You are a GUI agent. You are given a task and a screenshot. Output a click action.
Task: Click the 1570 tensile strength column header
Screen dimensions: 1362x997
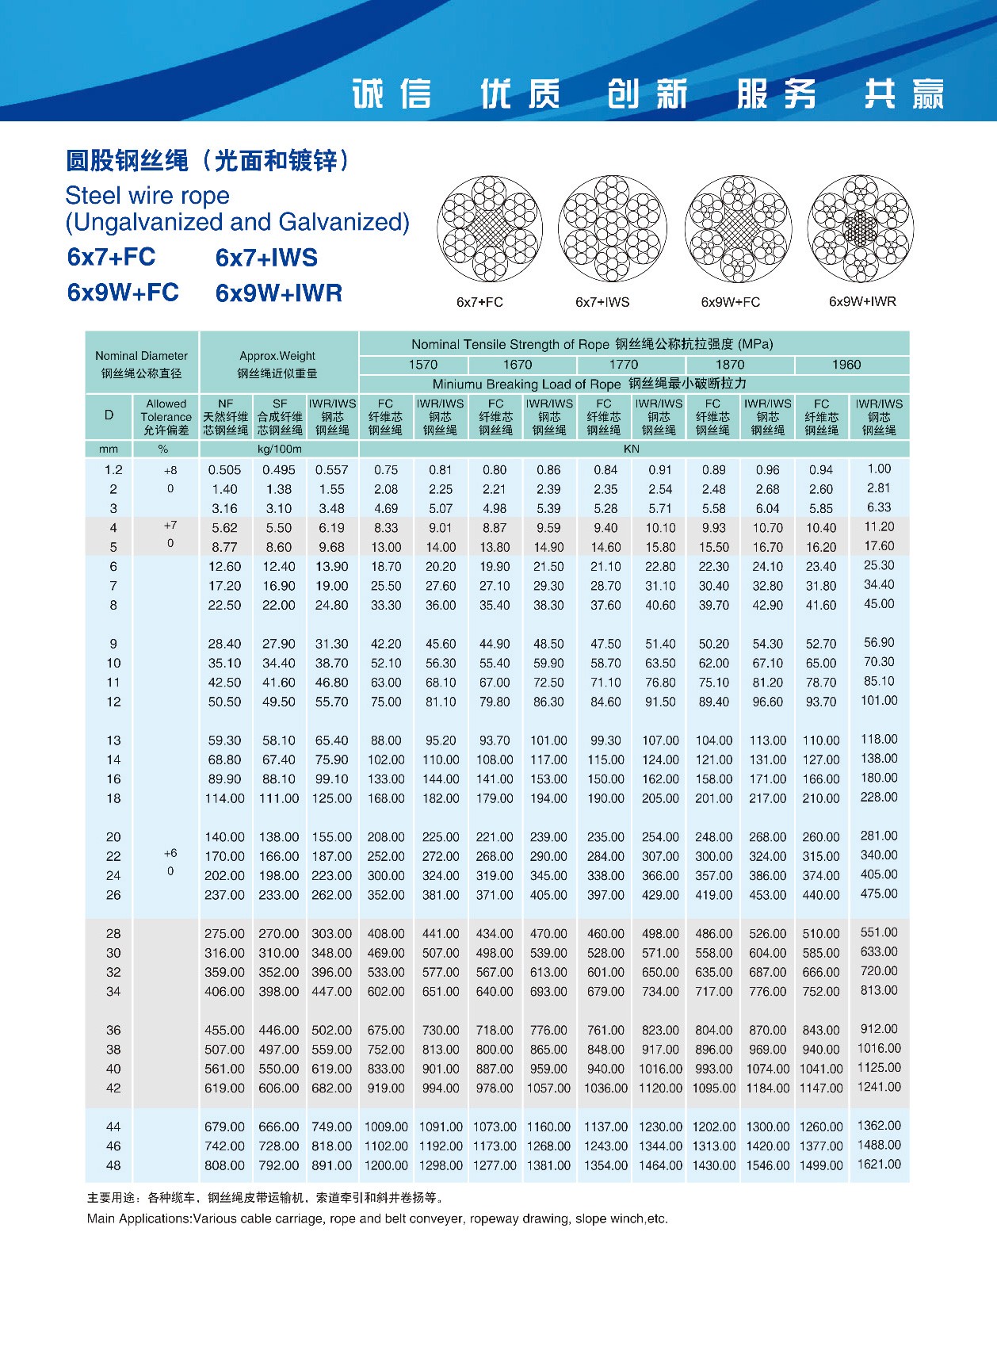[x=422, y=365]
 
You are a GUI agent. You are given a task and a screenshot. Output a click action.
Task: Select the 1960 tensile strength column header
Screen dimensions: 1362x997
[x=846, y=365]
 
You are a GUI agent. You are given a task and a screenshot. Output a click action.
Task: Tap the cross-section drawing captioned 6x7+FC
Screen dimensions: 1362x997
[x=489, y=229]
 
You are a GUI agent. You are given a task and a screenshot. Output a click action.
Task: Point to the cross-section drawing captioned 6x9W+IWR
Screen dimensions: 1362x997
[x=861, y=229]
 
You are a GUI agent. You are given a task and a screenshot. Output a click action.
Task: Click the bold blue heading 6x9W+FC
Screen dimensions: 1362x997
[x=123, y=293]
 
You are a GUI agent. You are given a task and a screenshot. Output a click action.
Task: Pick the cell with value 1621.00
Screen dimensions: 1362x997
[x=879, y=1165]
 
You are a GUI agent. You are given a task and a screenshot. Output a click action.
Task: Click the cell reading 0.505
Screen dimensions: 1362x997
[x=224, y=470]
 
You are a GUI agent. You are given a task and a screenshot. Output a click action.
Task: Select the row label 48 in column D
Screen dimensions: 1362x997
[x=113, y=1165]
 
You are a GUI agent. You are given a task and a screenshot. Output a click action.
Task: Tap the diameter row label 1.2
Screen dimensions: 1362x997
[x=113, y=470]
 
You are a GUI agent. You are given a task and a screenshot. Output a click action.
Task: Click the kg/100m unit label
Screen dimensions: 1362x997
[x=279, y=449]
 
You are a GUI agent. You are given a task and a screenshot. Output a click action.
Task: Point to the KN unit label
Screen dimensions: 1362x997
[x=631, y=449]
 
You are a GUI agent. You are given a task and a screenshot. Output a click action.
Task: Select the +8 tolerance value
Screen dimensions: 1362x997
[x=170, y=470]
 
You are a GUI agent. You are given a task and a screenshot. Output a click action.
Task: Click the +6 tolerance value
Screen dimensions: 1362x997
[x=170, y=854]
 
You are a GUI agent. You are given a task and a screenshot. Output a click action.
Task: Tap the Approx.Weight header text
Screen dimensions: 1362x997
[x=277, y=356]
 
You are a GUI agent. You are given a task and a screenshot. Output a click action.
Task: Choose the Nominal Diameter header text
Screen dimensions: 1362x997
[x=141, y=356]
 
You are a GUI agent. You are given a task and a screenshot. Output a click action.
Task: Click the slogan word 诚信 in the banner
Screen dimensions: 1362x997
[x=392, y=94]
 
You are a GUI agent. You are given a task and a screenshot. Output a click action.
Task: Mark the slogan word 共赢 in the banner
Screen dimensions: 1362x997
[x=904, y=94]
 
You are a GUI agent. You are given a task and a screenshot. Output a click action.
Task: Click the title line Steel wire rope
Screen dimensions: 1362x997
[x=147, y=196]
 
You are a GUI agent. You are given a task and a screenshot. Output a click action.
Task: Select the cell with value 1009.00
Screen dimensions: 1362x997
[x=386, y=1127]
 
